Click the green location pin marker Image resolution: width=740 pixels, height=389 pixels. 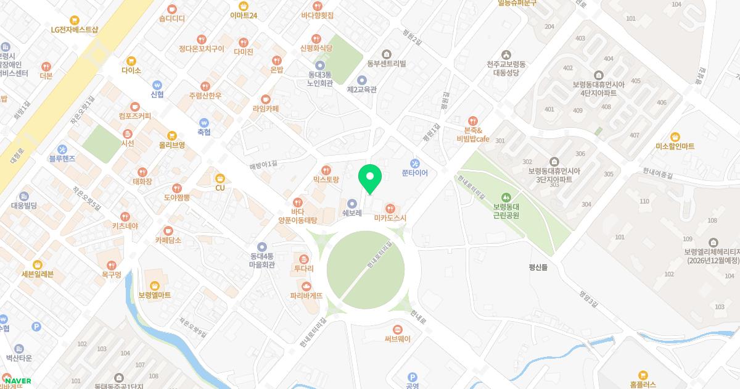tap(370, 178)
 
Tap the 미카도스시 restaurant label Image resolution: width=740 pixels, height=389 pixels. tap(390, 218)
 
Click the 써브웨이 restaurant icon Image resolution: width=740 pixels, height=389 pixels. tap(398, 328)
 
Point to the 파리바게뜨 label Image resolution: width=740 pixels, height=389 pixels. tap(306, 296)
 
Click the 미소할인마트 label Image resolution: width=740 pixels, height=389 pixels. tap(675, 146)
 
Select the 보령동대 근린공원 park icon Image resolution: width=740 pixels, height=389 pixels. tap(506, 196)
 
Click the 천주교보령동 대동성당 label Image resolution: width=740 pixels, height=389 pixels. tap(506, 68)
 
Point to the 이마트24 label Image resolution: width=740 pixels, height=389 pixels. tap(243, 15)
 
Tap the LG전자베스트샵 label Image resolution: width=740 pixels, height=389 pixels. tap(75, 29)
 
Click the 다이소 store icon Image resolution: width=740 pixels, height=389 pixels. tap(131, 61)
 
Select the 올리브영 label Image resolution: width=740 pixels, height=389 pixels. tap(171, 145)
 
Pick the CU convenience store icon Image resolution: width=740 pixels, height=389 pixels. tap(220, 178)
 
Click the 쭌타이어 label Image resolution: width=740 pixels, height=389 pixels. tap(414, 174)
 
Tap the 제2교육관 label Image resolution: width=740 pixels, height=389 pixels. tap(362, 90)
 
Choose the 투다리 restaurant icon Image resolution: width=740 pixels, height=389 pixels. tap(303, 259)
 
